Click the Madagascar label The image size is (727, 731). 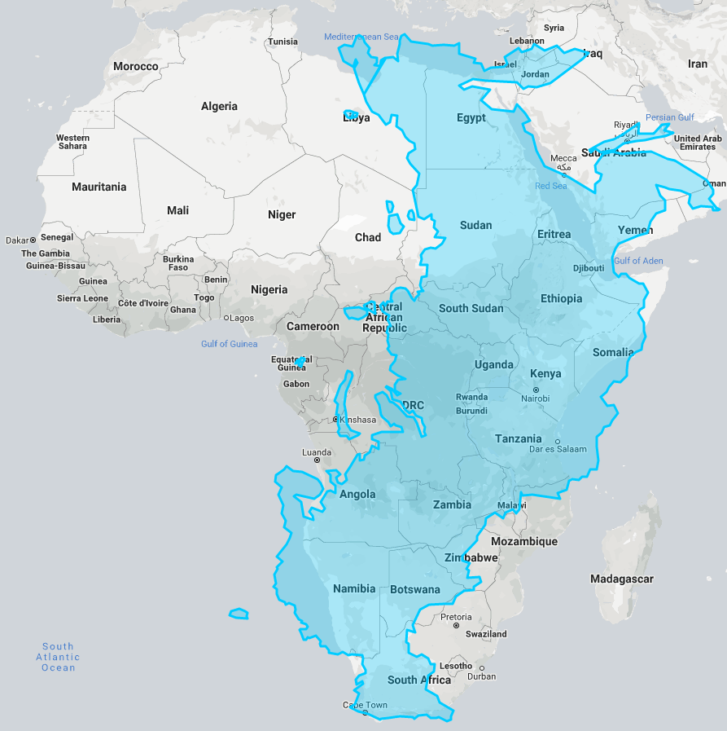(621, 579)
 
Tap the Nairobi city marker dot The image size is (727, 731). (536, 390)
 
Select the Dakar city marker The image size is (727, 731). (33, 240)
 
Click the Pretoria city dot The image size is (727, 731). (456, 625)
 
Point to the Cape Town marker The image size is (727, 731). (365, 713)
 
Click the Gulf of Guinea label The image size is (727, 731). (229, 344)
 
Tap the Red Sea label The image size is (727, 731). (551, 187)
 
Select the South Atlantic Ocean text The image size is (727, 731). (59, 657)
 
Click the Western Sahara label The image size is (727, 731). (72, 142)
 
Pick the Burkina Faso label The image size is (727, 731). (178, 263)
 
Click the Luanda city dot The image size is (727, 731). (317, 460)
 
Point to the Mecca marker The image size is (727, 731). (563, 167)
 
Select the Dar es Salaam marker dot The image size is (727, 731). (558, 441)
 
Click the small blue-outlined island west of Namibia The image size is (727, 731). (239, 613)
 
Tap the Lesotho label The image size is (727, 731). (456, 666)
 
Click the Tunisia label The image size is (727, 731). (283, 42)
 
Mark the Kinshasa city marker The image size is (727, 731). (335, 420)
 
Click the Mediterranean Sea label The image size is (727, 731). (362, 37)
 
